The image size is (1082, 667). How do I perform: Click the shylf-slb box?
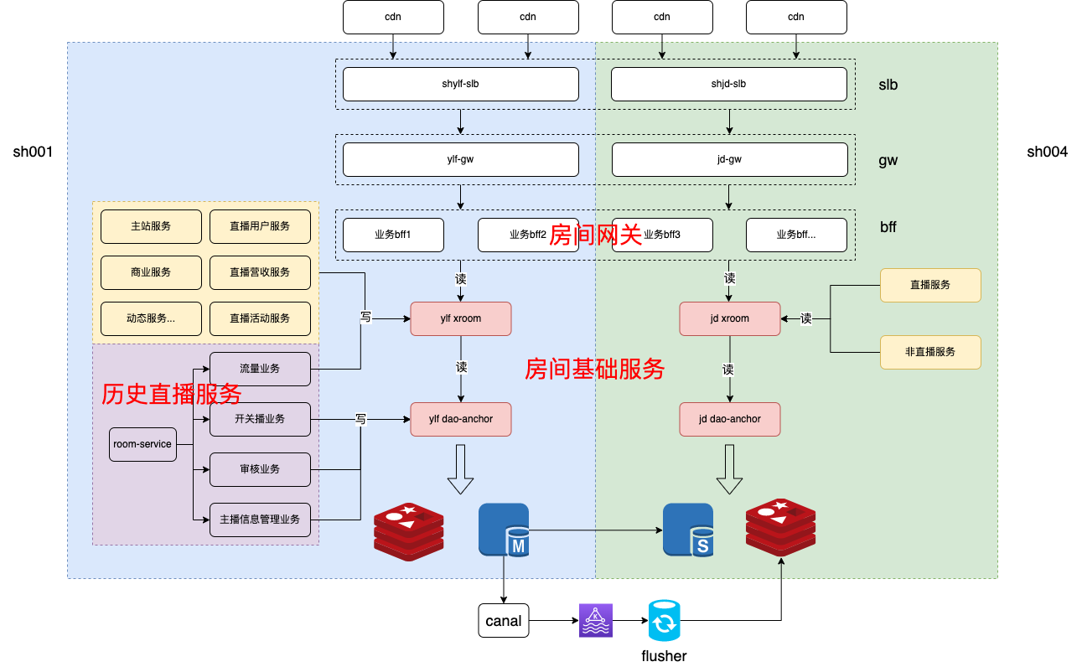pos(460,84)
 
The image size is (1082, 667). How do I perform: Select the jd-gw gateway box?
pos(728,159)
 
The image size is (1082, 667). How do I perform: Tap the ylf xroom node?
pos(460,318)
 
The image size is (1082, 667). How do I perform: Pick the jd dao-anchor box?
pos(729,419)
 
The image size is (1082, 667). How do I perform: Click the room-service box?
pos(142,444)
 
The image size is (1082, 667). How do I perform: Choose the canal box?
pos(503,621)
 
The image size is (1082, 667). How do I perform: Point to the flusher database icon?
pos(664,621)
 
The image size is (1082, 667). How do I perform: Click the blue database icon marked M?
pos(504,530)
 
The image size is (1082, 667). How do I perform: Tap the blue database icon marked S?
pos(688,530)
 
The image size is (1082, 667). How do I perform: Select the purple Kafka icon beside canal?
pos(596,621)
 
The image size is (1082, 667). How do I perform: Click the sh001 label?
pos(34,152)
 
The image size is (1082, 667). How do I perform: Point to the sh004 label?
pos(1047,152)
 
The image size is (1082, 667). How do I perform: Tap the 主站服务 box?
pos(151,226)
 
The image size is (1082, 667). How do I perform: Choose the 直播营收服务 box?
pos(260,272)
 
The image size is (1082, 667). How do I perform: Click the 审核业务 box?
pos(260,469)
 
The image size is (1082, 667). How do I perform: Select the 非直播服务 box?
pos(929,352)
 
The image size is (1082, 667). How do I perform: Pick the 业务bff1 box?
pos(393,235)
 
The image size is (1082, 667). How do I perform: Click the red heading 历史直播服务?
pos(172,394)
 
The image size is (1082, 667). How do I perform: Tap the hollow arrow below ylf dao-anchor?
pos(460,469)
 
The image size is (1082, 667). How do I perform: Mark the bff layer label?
pos(888,227)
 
